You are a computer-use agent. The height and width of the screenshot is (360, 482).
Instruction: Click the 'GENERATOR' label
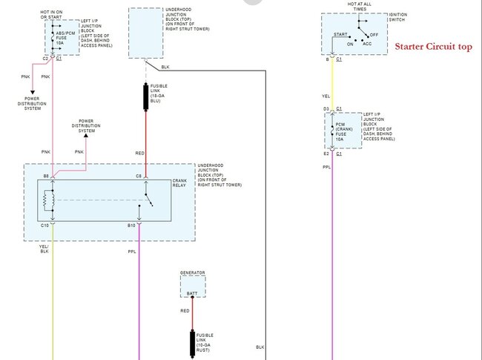pyautogui.click(x=193, y=272)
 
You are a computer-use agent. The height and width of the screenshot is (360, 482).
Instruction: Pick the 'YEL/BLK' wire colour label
pyautogui.click(x=44, y=249)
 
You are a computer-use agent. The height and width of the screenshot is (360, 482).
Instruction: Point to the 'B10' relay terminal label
pyautogui.click(x=131, y=223)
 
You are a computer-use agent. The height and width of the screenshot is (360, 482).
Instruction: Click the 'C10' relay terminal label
pyautogui.click(x=45, y=223)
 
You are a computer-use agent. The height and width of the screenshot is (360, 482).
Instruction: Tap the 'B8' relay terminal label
pyautogui.click(x=46, y=176)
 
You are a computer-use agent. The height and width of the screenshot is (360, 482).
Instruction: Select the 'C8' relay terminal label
pyautogui.click(x=138, y=176)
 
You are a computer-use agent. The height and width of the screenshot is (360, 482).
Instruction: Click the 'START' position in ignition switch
pyautogui.click(x=341, y=34)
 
